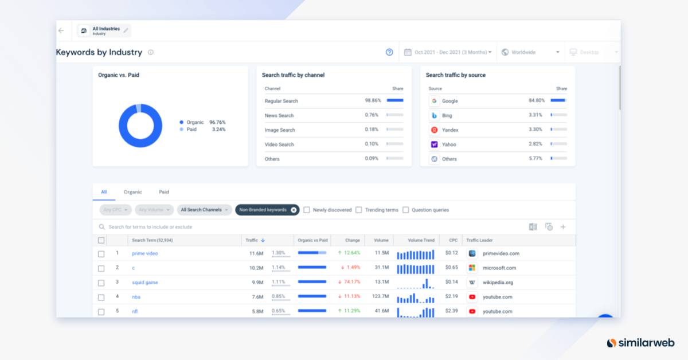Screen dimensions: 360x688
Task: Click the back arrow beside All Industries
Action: (61, 30)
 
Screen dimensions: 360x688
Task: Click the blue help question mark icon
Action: (389, 52)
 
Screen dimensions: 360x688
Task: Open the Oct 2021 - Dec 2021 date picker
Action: (448, 52)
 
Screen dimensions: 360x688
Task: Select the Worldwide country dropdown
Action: (530, 52)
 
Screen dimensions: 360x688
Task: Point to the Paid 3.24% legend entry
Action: (203, 130)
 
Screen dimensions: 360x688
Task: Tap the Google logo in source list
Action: (435, 101)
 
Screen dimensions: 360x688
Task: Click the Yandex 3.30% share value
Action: (535, 130)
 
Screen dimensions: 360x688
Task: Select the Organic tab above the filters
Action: (132, 192)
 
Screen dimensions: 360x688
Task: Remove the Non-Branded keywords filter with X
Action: (294, 210)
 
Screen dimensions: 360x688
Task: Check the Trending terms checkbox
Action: (359, 210)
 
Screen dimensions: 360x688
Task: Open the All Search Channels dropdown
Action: (204, 210)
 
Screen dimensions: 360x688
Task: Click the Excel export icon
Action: (533, 227)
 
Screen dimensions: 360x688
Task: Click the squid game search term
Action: (144, 283)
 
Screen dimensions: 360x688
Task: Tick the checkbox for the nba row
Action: (101, 298)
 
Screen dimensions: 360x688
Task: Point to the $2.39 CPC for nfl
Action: (453, 311)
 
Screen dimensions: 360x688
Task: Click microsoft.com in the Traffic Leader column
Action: (499, 268)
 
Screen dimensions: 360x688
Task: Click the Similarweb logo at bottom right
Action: (642, 343)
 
